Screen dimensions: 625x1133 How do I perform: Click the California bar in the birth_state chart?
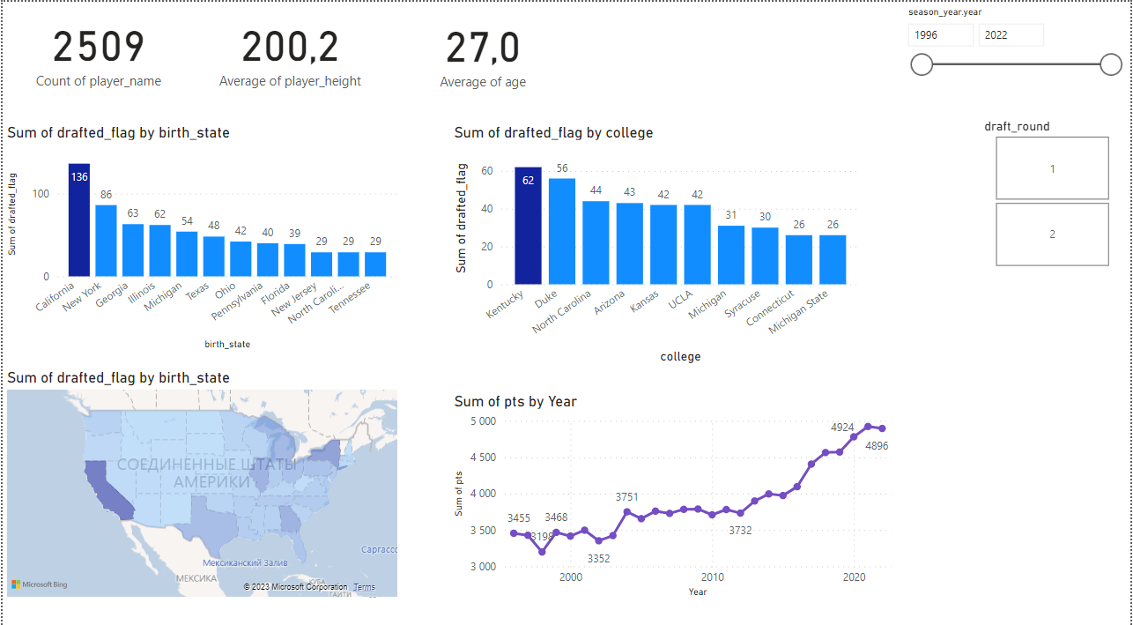click(x=79, y=220)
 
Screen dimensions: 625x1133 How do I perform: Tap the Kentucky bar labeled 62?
click(x=528, y=226)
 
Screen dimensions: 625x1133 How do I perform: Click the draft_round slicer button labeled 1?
click(x=1052, y=168)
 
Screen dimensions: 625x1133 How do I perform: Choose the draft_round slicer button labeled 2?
click(x=1052, y=234)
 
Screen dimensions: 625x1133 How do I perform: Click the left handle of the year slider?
click(x=922, y=64)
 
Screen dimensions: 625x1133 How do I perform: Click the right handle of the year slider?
click(x=1111, y=64)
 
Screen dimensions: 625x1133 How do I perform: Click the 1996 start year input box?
click(x=940, y=35)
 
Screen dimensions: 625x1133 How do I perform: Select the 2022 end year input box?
click(x=1011, y=35)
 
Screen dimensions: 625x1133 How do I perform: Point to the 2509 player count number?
click(x=99, y=48)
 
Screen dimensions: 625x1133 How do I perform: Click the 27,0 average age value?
click(x=483, y=48)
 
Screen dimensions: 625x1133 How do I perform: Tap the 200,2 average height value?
click(x=290, y=48)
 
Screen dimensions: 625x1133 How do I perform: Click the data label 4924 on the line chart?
click(x=842, y=428)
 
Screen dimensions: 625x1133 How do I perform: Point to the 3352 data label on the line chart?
click(x=599, y=558)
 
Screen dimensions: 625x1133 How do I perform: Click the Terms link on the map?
click(x=364, y=587)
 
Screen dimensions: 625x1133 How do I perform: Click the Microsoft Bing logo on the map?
click(x=40, y=584)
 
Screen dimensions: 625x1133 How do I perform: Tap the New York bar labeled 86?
click(x=106, y=241)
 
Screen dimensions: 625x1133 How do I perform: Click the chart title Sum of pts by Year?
click(x=515, y=402)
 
